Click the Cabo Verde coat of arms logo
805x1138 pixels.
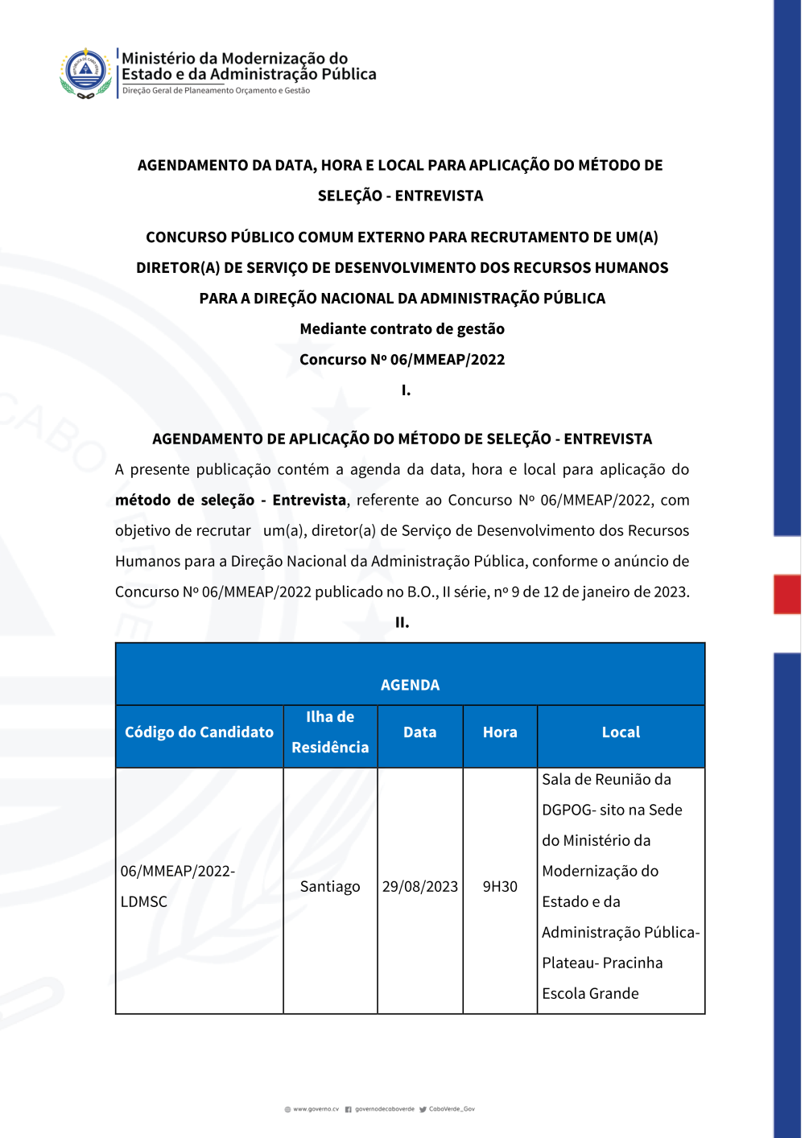[85, 72]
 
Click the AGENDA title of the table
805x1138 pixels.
[410, 685]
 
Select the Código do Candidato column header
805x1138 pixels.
[199, 732]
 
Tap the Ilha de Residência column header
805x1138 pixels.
[330, 732]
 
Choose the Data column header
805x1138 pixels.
[419, 732]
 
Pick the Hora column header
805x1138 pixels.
[500, 732]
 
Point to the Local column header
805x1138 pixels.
[621, 732]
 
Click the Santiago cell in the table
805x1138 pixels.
[330, 887]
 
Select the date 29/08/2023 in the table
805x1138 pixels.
[419, 887]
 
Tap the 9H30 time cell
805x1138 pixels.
[500, 887]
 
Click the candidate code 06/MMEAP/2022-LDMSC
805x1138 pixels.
[177, 886]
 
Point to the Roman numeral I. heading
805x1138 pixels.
[406, 390]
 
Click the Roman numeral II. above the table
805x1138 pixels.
[402, 622]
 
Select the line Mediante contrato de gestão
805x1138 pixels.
[402, 329]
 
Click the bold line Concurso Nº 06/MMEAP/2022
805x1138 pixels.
[402, 360]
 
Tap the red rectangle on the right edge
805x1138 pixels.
[786, 594]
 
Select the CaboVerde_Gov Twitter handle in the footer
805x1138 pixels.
[452, 1109]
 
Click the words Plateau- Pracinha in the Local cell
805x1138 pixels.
[602, 963]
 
